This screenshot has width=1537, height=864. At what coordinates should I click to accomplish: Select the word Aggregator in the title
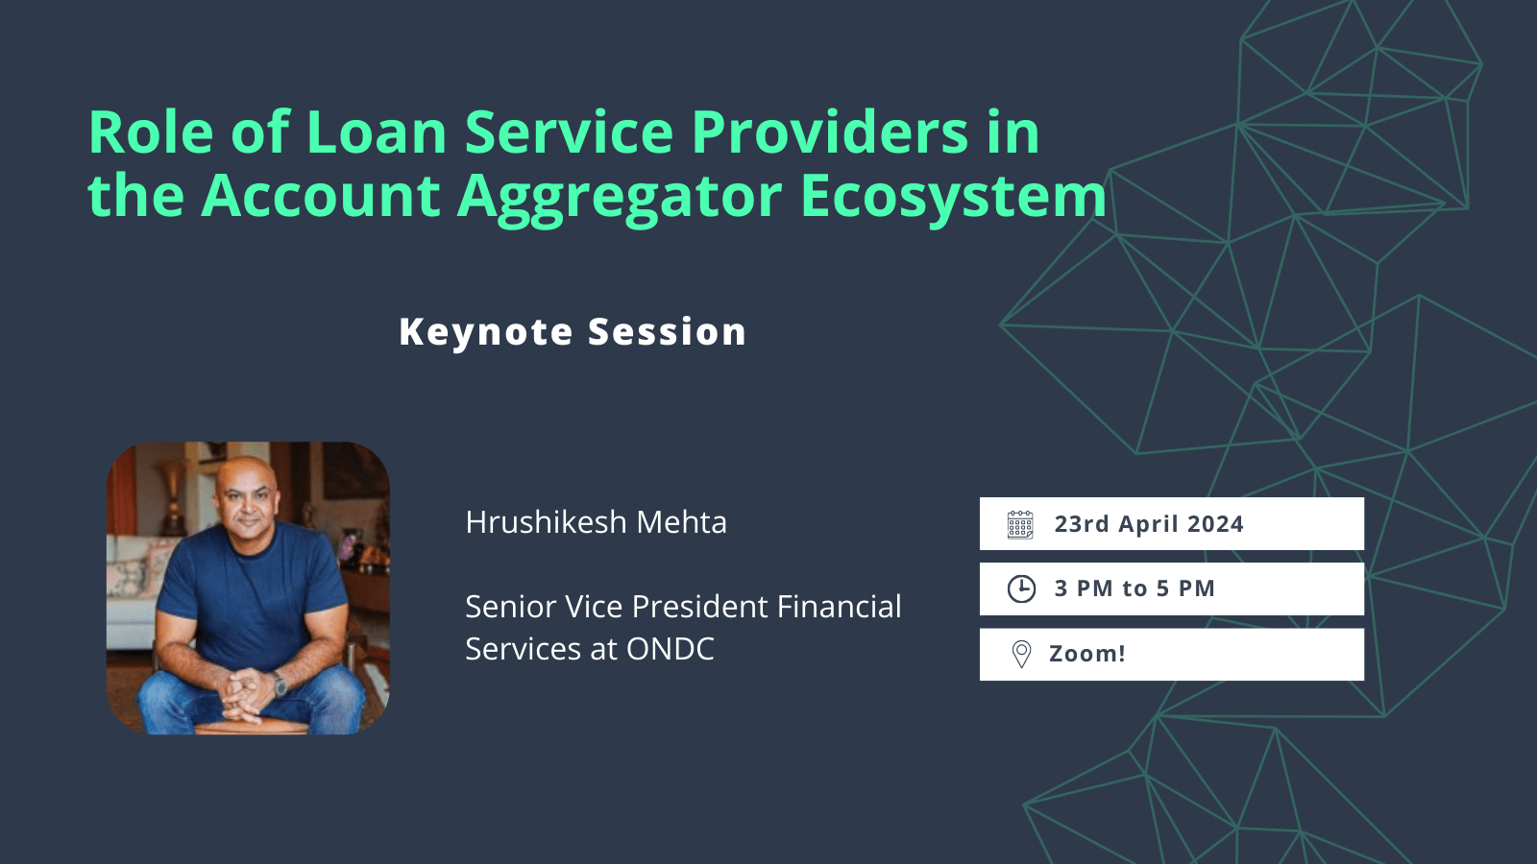point(620,197)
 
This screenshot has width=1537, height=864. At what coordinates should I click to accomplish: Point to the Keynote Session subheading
point(573,332)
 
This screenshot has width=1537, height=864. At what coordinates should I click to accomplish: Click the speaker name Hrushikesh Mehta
point(596,522)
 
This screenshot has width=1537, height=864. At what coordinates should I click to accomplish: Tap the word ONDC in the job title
point(670,649)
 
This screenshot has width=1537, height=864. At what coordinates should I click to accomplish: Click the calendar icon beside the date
point(1020,524)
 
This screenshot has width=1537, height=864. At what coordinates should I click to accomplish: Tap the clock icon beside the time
point(1021,588)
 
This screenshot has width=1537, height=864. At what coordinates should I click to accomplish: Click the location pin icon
point(1021,654)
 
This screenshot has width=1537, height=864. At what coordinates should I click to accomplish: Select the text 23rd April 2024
point(1148,524)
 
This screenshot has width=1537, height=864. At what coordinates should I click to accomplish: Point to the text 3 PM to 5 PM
point(1134,588)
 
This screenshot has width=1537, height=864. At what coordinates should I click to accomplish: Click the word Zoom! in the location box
point(1086,654)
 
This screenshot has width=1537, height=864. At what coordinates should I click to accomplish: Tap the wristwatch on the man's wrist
point(280,684)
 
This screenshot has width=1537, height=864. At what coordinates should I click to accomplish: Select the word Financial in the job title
point(839,607)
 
